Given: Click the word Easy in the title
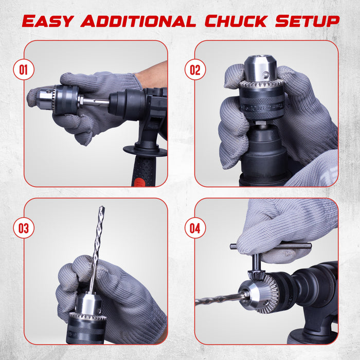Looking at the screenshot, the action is click(48, 21).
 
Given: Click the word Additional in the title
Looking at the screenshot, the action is click(138, 21).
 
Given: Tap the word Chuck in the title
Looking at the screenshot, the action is click(236, 21).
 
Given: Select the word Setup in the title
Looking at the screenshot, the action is click(307, 21).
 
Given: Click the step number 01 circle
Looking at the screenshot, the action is click(24, 69).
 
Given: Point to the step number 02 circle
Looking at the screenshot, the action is click(195, 69).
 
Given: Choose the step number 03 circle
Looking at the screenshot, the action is click(24, 228).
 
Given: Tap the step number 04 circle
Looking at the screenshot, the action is click(195, 228).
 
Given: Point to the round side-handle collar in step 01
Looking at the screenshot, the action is click(145, 151).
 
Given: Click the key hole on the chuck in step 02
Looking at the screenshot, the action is click(266, 75).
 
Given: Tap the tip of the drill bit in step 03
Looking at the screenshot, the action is click(102, 207).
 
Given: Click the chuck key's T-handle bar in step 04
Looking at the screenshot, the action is click(271, 246).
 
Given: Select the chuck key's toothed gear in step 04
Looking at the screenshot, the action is click(255, 275).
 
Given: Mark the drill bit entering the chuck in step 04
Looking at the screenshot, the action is click(219, 300).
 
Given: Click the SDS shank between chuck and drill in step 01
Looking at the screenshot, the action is click(95, 102).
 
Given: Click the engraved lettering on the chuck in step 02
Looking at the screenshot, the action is click(263, 107).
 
